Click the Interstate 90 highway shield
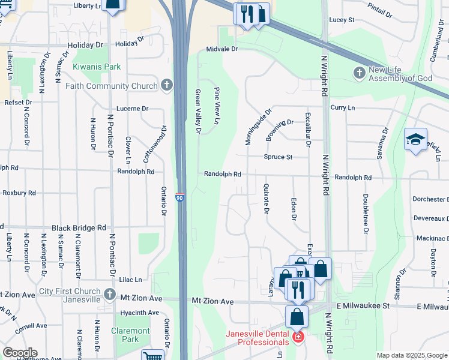[179, 197]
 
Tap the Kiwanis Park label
[97, 67]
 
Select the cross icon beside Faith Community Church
[167, 86]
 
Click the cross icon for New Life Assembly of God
[360, 73]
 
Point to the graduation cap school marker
[415, 140]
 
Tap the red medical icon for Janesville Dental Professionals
[298, 338]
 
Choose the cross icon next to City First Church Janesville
[109, 295]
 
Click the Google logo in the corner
[20, 353]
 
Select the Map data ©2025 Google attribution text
[411, 355]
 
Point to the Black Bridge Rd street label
[79, 228]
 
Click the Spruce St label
[278, 157]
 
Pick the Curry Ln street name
[343, 107]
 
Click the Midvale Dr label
[222, 49]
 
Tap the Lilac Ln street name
[130, 280]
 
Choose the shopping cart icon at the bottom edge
[152, 356]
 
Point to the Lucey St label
[342, 20]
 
